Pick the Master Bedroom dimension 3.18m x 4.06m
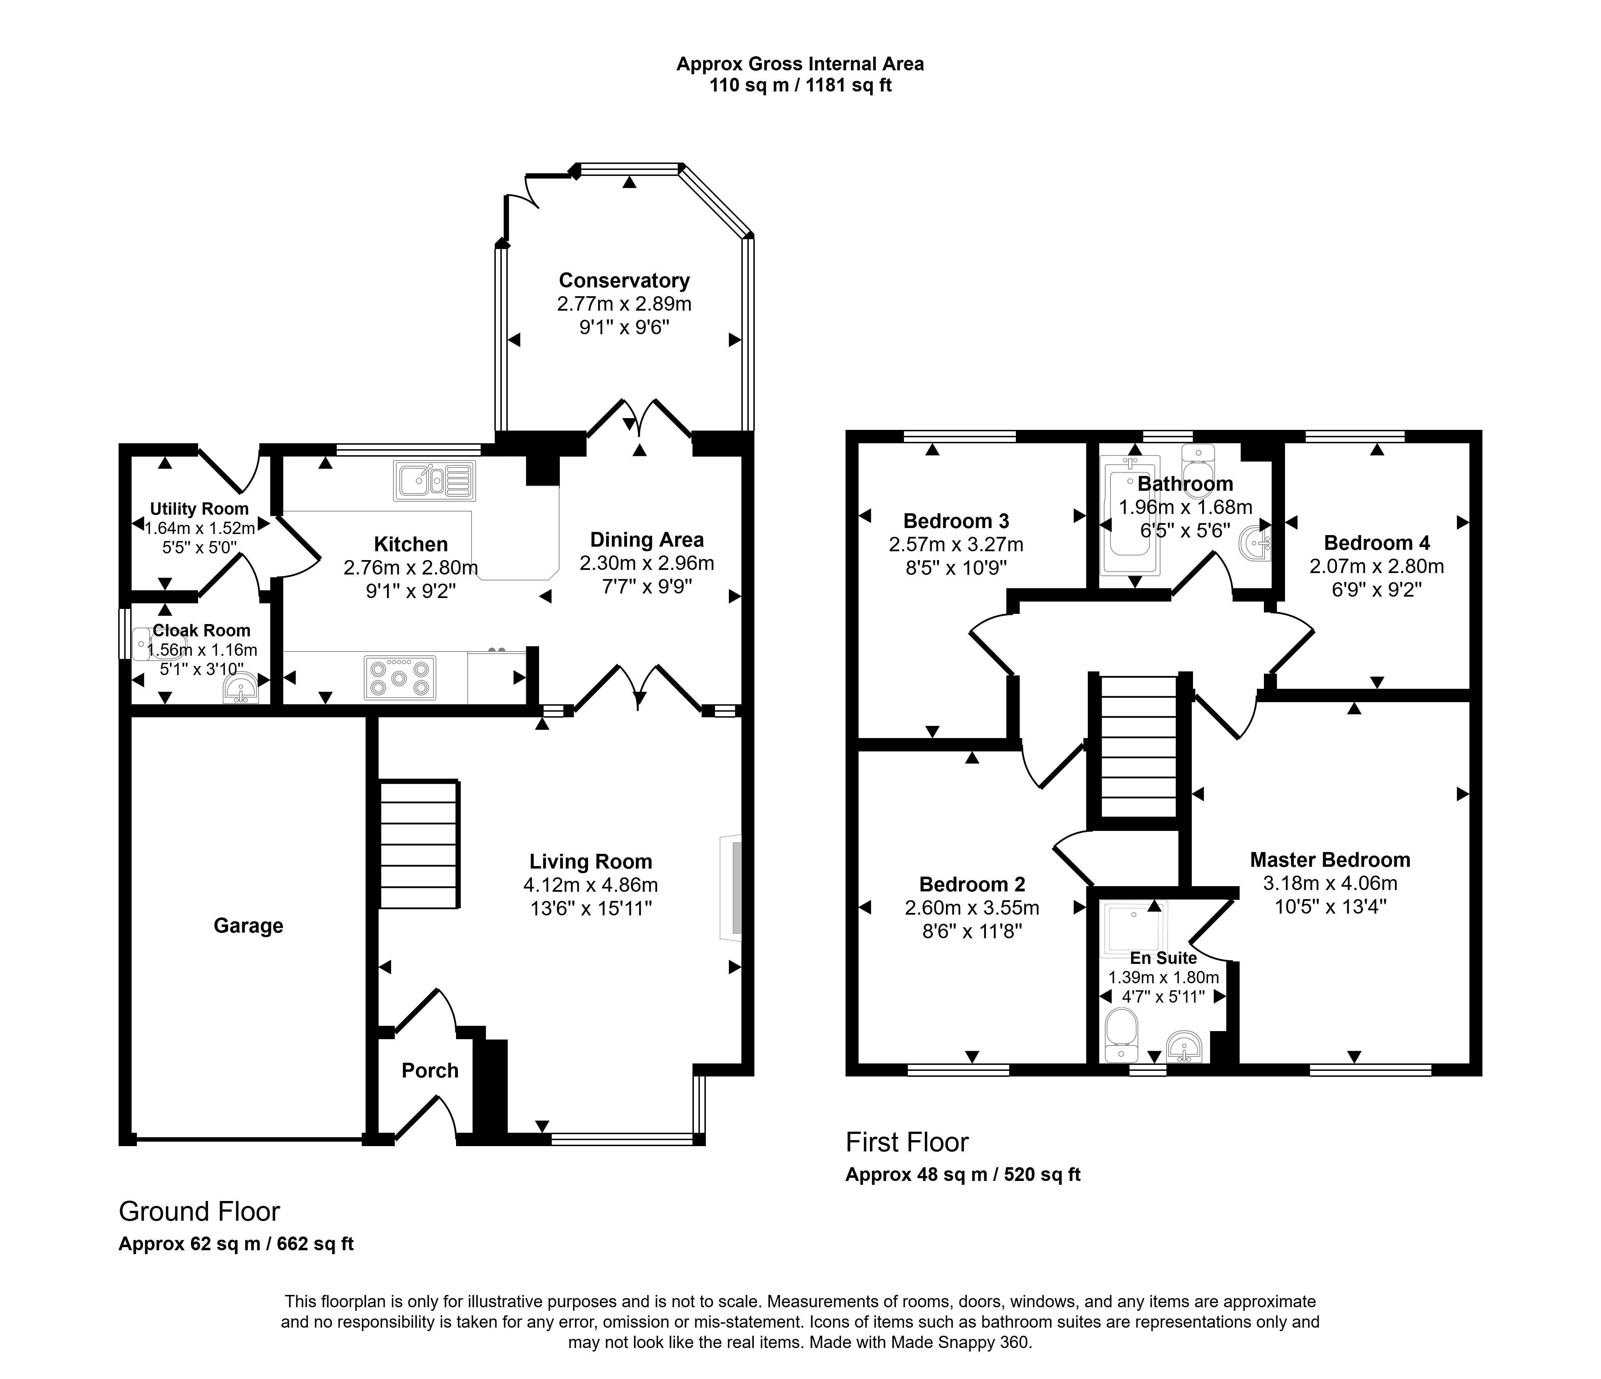point(1330,883)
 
